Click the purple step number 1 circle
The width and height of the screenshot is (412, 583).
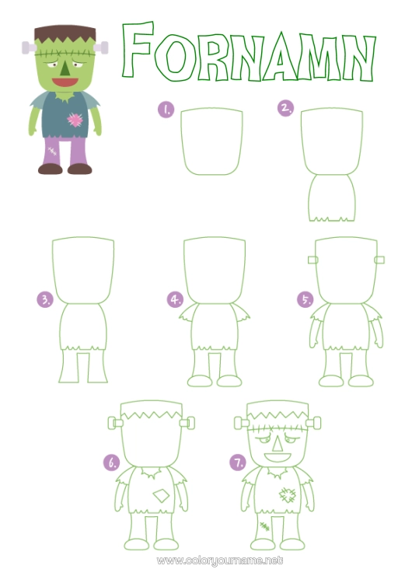click(x=166, y=110)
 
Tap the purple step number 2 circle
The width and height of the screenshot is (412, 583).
click(x=285, y=108)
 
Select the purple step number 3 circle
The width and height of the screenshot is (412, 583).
click(x=45, y=300)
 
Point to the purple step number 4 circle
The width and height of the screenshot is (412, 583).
click(x=175, y=299)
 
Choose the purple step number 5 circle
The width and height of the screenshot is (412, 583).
click(x=306, y=299)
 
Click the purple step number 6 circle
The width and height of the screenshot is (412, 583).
click(x=112, y=463)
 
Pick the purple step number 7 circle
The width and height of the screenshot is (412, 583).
click(x=238, y=463)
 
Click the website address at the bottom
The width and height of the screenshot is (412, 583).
click(x=220, y=560)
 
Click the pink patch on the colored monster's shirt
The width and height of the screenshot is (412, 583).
click(x=75, y=120)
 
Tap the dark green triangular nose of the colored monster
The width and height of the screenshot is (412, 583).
click(x=65, y=68)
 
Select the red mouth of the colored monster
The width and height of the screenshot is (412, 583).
click(x=65, y=82)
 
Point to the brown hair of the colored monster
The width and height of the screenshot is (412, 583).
click(x=65, y=35)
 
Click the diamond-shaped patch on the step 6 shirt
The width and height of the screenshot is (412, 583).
click(x=161, y=496)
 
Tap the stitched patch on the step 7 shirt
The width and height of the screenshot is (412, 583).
click(x=288, y=495)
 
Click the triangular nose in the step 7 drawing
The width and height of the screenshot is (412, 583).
click(x=277, y=443)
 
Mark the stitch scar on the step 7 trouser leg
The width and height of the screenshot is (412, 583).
click(x=264, y=526)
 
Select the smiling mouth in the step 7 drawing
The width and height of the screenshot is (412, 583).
click(x=277, y=457)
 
